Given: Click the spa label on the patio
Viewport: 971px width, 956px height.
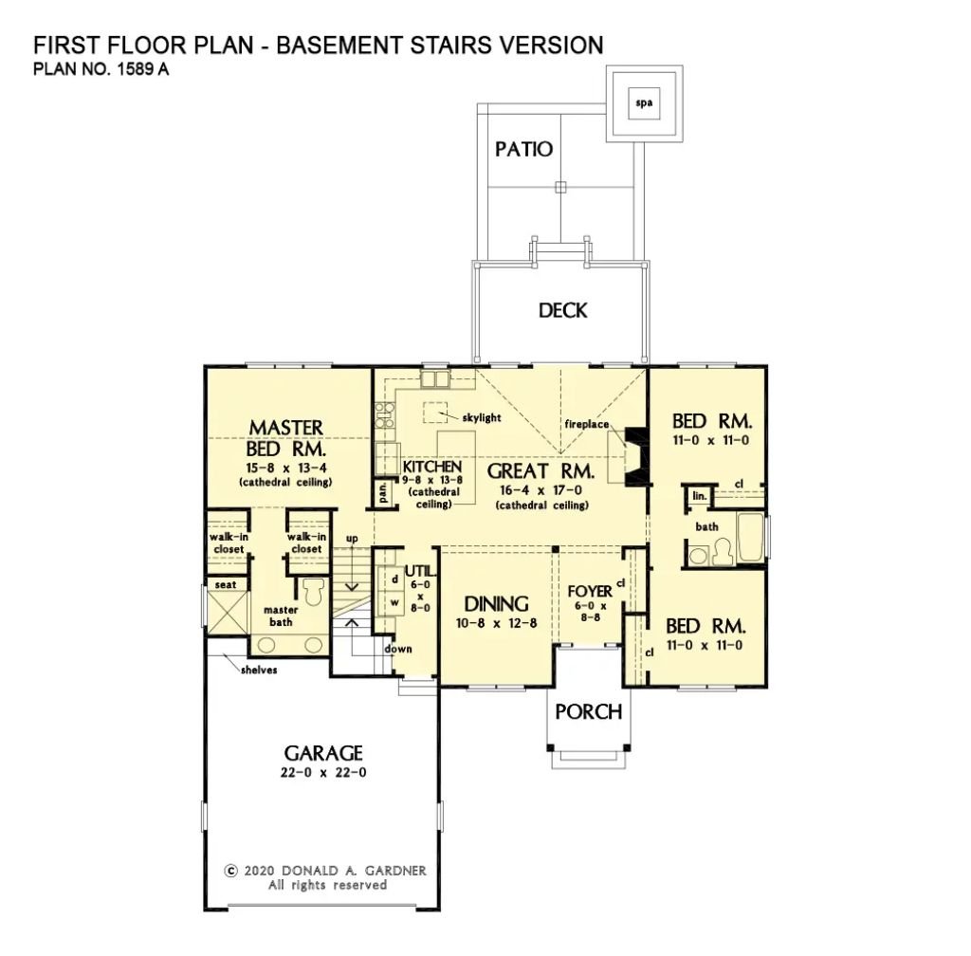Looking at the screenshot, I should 644,102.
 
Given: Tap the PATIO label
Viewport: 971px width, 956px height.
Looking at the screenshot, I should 523,150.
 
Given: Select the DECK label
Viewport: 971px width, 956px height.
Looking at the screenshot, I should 562,310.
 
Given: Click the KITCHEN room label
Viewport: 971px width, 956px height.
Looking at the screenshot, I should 431,467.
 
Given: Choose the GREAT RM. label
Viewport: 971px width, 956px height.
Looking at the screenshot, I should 540,470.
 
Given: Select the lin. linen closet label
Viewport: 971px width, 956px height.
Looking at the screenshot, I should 699,496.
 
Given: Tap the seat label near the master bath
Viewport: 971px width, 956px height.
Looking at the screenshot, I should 226,585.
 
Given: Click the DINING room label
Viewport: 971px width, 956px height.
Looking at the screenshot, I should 496,603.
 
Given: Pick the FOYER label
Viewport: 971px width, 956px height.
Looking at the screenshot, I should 590,591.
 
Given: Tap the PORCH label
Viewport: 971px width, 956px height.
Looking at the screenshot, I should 588,711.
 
